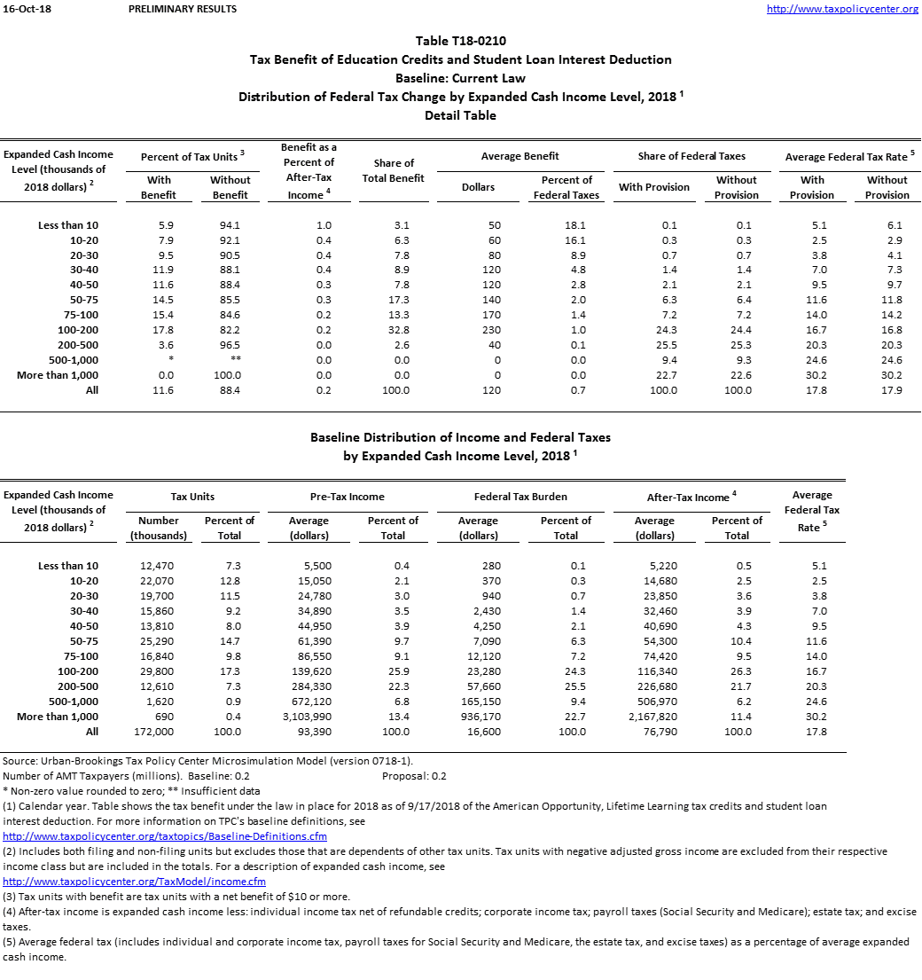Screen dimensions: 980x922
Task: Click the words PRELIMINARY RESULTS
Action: (x=183, y=9)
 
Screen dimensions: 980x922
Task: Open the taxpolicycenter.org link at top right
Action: (x=841, y=9)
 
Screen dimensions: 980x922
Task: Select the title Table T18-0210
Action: (x=461, y=41)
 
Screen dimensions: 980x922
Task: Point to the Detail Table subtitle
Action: (x=461, y=115)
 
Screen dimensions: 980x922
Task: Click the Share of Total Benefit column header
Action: (x=394, y=170)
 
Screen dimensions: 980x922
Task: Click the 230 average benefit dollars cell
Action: (x=495, y=330)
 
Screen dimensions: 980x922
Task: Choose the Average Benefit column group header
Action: (x=520, y=156)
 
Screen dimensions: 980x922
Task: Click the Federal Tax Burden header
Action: (x=520, y=497)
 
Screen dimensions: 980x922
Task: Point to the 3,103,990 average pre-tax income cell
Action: (x=309, y=717)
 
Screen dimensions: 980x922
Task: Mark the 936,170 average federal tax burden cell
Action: (x=480, y=717)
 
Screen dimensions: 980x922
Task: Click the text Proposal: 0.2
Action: (x=414, y=776)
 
